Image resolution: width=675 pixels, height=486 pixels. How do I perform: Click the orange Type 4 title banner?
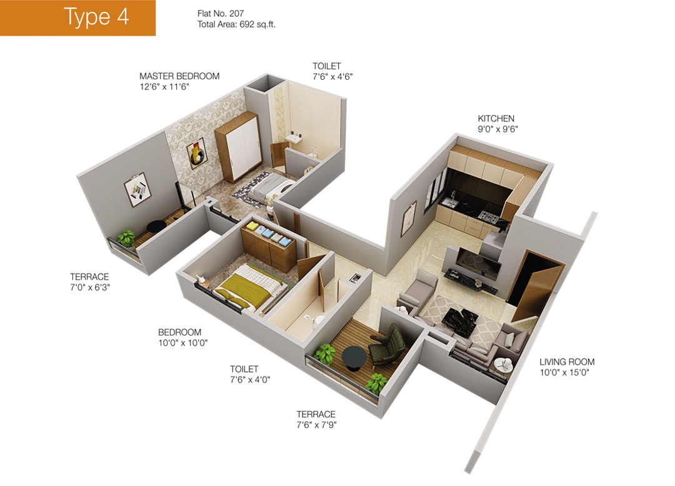coord(77,17)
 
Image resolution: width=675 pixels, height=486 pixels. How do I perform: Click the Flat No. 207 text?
coord(221,14)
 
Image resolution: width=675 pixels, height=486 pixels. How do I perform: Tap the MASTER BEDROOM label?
coord(179,76)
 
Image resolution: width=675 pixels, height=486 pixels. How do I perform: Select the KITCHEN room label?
coord(496,118)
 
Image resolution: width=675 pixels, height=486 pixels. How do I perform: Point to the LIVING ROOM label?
coord(567,362)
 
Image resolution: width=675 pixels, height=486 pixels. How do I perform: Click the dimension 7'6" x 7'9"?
coord(316,425)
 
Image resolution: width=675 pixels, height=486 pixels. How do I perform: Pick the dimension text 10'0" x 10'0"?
coord(183,343)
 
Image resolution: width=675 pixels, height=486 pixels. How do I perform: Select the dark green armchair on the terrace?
coord(388,345)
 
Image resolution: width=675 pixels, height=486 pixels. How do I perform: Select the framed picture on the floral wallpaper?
coord(197,154)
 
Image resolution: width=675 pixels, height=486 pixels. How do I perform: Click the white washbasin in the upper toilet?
coord(295,139)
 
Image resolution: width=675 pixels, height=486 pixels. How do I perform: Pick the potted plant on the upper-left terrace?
coord(126,238)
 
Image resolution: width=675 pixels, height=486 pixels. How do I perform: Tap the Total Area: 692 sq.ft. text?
coord(236,24)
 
